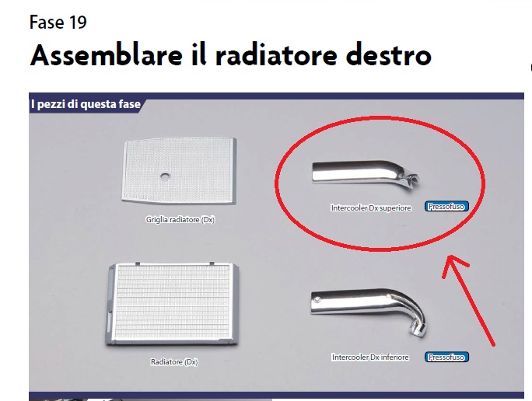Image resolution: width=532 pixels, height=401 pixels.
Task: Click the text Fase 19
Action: (x=58, y=23)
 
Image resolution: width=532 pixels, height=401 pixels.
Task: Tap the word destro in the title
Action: (x=389, y=55)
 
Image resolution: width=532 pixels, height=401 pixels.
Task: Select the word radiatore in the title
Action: (x=276, y=55)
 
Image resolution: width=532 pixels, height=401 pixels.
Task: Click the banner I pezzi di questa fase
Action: (x=86, y=104)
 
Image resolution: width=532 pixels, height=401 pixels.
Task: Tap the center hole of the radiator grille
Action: (x=165, y=176)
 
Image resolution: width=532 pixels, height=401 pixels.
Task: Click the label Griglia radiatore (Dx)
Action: (x=180, y=220)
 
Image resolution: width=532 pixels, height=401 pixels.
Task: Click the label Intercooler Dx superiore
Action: (x=371, y=207)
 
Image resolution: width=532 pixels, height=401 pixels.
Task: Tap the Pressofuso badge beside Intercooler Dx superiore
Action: (x=446, y=207)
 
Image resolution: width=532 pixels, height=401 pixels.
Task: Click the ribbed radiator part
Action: (x=173, y=304)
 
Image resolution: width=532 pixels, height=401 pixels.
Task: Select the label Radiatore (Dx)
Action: (x=174, y=362)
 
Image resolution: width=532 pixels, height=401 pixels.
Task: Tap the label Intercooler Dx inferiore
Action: (x=370, y=357)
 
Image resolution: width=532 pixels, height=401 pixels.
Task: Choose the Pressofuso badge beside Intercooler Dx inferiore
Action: (x=446, y=357)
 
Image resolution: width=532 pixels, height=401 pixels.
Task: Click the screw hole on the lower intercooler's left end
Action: (x=317, y=300)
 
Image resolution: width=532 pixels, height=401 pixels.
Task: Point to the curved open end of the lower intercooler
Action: (x=419, y=330)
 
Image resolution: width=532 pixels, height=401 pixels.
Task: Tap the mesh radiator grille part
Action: (x=179, y=171)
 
